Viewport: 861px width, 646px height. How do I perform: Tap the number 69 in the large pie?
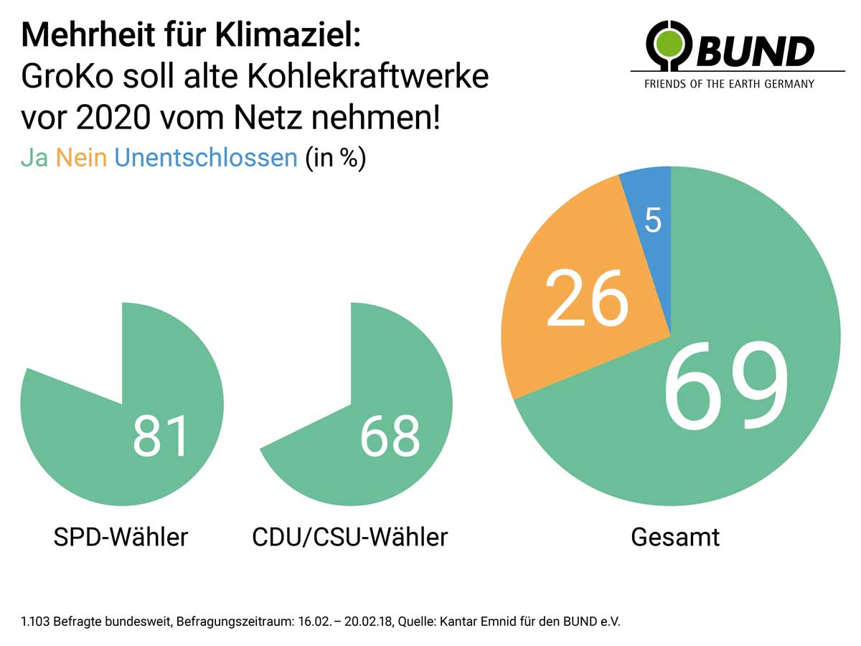tap(725, 385)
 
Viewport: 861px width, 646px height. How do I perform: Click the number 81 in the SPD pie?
tap(160, 436)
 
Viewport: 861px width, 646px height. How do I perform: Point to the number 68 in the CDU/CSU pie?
tap(390, 436)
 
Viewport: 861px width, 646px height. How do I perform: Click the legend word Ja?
tap(34, 158)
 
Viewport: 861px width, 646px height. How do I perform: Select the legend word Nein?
tap(82, 158)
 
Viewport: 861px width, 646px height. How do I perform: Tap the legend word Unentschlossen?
tap(206, 158)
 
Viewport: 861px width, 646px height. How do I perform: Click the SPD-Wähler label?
tap(121, 537)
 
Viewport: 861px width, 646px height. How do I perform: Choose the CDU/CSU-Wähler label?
tap(350, 537)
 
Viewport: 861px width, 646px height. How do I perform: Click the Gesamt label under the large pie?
tap(675, 537)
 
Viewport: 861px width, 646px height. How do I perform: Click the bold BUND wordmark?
tap(755, 51)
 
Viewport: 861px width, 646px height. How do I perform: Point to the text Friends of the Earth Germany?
tap(729, 84)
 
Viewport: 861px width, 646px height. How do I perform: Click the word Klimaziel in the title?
tap(287, 35)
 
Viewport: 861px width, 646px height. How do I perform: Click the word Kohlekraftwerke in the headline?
tap(368, 76)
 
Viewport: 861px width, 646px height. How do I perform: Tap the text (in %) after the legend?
tap(336, 159)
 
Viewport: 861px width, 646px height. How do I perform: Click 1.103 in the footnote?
tap(35, 622)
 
